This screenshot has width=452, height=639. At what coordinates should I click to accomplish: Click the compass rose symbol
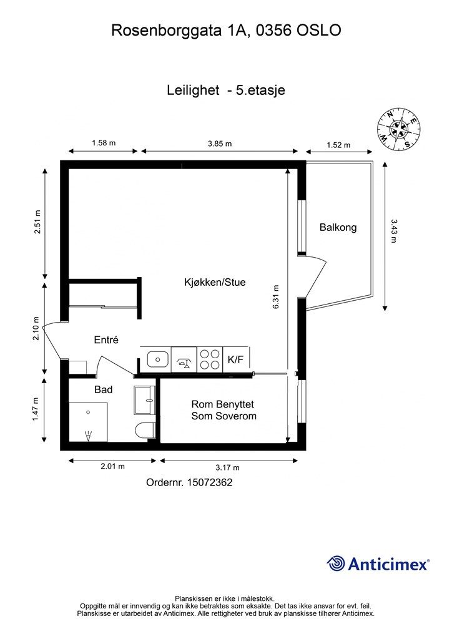[398, 129]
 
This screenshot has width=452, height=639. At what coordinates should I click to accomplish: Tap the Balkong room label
[338, 227]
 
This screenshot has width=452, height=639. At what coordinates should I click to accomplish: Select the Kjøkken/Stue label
[215, 282]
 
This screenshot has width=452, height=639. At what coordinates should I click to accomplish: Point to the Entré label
[106, 339]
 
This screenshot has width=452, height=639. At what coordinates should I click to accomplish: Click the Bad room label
[104, 389]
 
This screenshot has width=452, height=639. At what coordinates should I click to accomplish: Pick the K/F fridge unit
[236, 359]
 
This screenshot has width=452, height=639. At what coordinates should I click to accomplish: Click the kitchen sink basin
[158, 359]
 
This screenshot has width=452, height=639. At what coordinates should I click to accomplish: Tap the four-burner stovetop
[210, 359]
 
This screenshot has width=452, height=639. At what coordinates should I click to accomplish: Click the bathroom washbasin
[145, 400]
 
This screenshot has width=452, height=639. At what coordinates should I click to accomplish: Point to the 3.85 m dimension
[220, 144]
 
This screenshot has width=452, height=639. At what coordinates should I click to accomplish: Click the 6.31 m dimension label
[276, 296]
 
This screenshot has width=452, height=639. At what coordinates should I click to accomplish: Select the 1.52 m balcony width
[338, 145]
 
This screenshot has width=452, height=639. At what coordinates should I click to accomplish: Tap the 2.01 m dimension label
[113, 466]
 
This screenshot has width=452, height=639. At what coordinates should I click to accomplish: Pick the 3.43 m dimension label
[394, 231]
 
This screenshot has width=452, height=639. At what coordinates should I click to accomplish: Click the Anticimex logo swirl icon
[336, 563]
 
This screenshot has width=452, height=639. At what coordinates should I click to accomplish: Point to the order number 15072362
[210, 482]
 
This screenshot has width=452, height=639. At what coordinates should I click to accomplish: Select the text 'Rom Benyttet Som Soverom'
[224, 410]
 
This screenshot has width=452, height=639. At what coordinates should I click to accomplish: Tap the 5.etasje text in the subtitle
[260, 90]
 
